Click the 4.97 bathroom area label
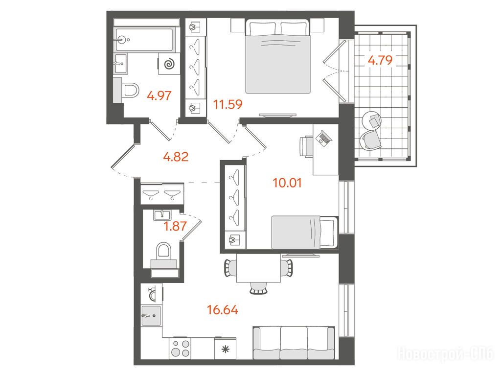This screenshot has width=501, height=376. coord(159,95)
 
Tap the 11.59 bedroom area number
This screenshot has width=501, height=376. coord(228,104)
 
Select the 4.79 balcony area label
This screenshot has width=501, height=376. coord(380,60)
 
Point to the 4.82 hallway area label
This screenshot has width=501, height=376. coord(176,157)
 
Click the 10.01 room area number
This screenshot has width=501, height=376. coord(287,183)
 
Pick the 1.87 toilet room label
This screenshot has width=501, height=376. coord(175,226)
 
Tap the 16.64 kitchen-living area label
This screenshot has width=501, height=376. coord(223,310)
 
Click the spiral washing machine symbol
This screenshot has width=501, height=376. coord(169,65)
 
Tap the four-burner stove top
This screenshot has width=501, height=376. coord(181,348)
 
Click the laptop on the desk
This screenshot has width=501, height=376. coord(324,138)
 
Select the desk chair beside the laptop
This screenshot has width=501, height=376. coord(306,146)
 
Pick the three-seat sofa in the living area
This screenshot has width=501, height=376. coord(294,343)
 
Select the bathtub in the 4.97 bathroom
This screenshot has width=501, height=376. coord(145,40)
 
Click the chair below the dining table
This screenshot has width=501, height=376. coord(258,288)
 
